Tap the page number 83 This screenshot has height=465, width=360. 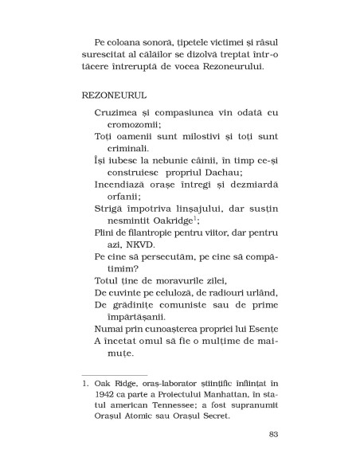[x=274, y=434]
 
